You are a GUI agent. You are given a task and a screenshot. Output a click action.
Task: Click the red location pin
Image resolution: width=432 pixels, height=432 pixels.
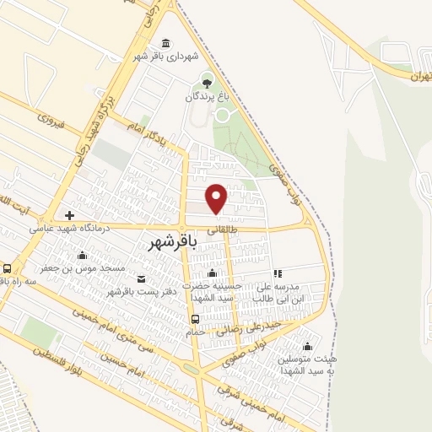tap(218, 197)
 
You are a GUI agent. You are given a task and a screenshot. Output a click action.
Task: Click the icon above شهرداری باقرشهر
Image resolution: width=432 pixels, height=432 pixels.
tap(165, 43)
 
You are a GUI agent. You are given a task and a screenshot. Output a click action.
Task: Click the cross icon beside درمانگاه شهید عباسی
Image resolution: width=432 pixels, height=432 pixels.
tap(69, 215)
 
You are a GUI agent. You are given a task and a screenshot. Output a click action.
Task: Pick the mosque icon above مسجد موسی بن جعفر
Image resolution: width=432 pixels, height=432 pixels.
tap(82, 256)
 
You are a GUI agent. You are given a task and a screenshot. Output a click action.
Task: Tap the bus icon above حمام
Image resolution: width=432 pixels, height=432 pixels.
tap(196, 319)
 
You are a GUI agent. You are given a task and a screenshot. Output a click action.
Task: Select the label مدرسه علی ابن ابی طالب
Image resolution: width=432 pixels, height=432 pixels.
tap(297, 292)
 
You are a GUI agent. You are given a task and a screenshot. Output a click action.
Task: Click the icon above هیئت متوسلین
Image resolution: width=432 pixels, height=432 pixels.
tap(307, 347)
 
